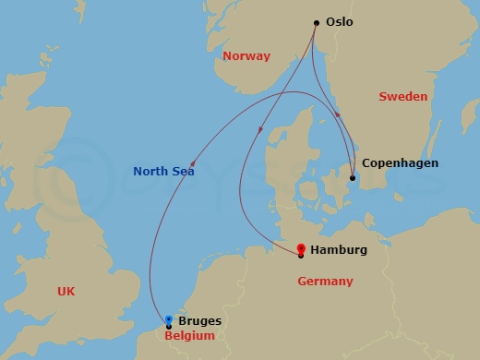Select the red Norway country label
[246, 56]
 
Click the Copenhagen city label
[400, 163]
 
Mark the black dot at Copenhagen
[352, 178]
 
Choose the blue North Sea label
[163, 171]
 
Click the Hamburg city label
[339, 250]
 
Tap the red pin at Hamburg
[301, 248]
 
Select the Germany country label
[324, 281]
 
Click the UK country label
[66, 291]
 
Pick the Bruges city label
[199, 321]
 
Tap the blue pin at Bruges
[168, 320]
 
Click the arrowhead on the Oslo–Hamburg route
[261, 128]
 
